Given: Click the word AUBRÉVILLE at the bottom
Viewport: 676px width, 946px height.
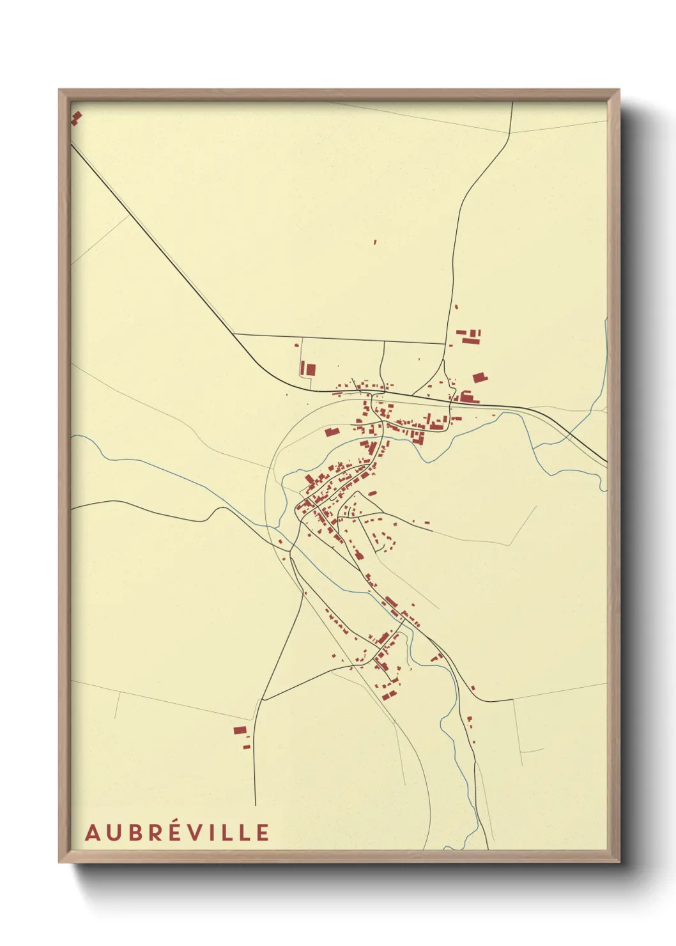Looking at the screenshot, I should tap(177, 832).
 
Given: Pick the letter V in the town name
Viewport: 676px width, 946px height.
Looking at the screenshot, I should tap(201, 832).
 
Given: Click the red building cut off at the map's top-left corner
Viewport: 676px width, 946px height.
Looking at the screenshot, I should tap(76, 117).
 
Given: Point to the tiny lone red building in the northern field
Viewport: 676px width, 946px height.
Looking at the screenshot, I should tap(374, 242).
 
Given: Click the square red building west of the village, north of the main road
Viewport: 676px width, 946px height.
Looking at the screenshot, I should tap(309, 369).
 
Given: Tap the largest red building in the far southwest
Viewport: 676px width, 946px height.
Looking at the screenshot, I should tap(240, 730).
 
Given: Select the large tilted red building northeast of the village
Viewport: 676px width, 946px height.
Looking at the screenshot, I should tap(479, 377).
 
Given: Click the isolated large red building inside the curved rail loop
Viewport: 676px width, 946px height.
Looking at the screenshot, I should tap(330, 432).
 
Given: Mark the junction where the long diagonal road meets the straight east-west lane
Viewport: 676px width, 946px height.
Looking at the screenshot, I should tap(234, 334).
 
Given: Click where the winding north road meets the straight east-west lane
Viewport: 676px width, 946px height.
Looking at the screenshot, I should tap(445, 343).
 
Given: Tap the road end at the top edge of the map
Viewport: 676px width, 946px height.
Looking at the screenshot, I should tap(512, 102).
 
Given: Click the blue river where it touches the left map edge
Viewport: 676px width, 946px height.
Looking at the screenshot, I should tap(72, 436).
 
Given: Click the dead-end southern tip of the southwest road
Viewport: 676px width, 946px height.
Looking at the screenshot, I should tap(255, 804).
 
